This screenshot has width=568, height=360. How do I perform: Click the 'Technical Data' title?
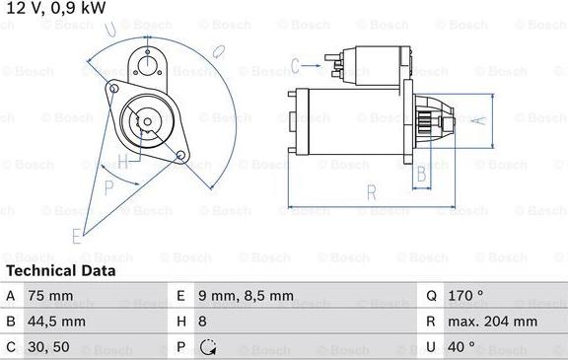click(x=60, y=270)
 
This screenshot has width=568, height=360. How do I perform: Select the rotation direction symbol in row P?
click(x=208, y=348)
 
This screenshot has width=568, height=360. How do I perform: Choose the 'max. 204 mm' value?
click(x=495, y=322)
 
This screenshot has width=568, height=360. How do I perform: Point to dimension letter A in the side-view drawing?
click(x=477, y=120)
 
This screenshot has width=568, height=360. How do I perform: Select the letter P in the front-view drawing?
click(x=108, y=184)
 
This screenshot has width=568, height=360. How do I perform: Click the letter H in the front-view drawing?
click(x=122, y=161)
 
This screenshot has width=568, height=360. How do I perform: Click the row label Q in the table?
click(x=432, y=295)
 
